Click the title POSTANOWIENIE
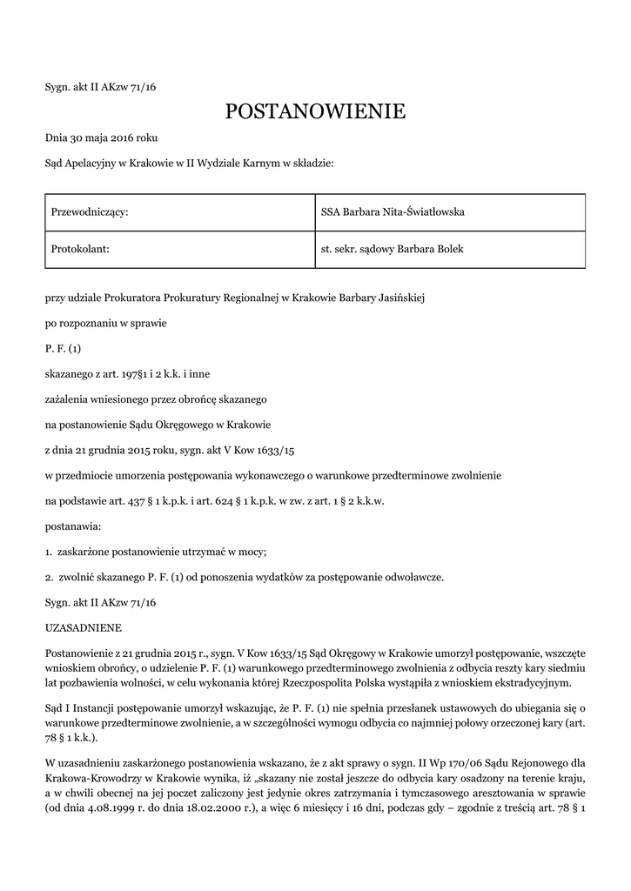[x=315, y=111]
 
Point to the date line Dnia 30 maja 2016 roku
[x=101, y=137]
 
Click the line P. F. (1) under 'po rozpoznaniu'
[x=63, y=349]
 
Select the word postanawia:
[x=73, y=526]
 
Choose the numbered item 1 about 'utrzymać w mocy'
[x=156, y=552]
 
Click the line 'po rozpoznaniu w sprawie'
[x=105, y=324]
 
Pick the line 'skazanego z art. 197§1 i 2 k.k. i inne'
[x=127, y=374]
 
